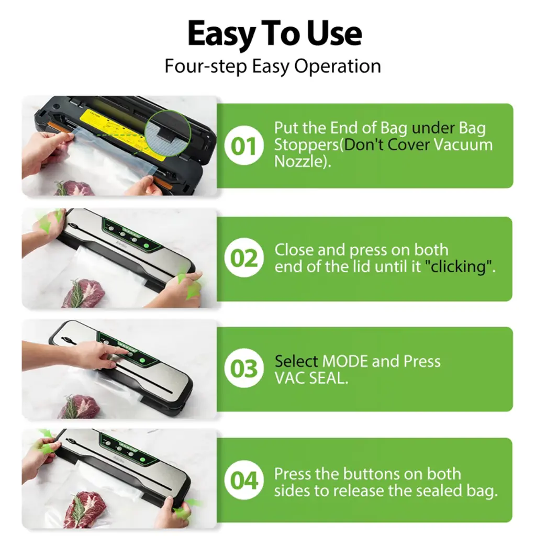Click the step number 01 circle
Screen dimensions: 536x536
(x=244, y=146)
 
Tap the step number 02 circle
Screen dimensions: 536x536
(x=244, y=258)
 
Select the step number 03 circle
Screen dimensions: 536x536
(x=244, y=368)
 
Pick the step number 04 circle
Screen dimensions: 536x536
(x=244, y=480)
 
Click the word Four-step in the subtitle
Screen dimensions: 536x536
(x=205, y=66)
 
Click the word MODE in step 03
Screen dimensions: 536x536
(x=345, y=361)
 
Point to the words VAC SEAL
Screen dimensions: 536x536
(x=311, y=378)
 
